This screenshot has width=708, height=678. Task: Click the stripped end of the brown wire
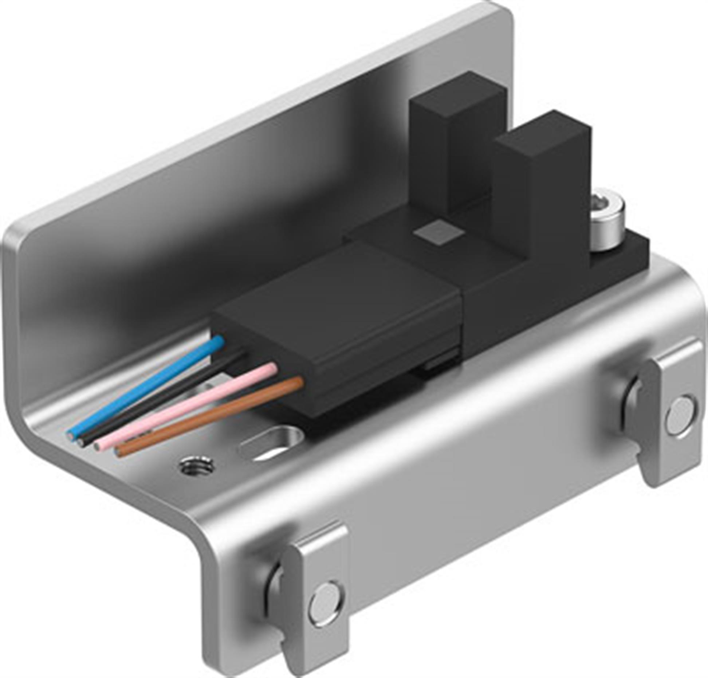tap(117, 452)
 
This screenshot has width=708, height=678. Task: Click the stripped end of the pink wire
tap(97, 446)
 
